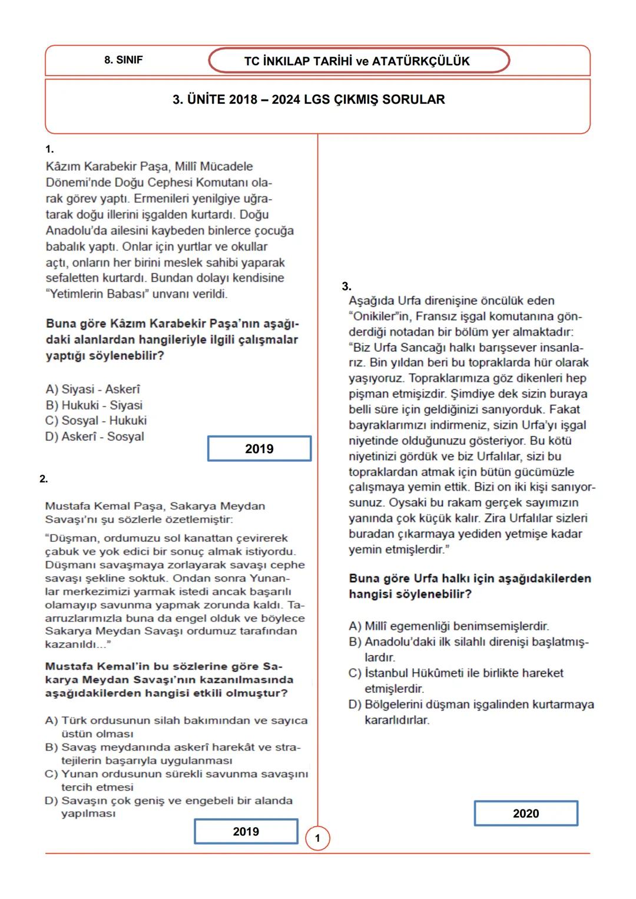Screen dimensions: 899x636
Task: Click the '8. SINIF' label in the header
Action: tap(123, 60)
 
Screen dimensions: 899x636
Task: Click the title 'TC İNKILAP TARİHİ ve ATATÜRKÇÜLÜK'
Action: tap(357, 61)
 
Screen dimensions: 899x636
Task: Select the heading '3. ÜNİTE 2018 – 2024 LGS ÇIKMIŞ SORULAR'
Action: tap(309, 100)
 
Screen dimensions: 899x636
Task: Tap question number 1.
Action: tap(49, 149)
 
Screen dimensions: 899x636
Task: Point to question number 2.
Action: tap(44, 479)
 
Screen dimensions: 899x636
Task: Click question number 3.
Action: tap(346, 286)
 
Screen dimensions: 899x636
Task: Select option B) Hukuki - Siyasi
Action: tap(94, 405)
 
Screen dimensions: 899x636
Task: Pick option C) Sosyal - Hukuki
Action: tap(96, 421)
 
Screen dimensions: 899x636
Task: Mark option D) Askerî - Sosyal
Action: tap(94, 437)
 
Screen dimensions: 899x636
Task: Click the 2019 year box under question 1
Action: tap(259, 449)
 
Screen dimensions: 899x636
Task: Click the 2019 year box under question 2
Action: tap(246, 831)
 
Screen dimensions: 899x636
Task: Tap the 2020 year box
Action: tap(525, 814)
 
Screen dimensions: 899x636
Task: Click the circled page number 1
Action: tap(317, 838)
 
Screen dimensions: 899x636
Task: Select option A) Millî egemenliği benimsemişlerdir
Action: tap(449, 626)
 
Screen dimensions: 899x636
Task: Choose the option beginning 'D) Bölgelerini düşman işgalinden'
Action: tap(471, 712)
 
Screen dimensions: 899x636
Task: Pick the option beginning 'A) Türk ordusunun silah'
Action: tap(176, 726)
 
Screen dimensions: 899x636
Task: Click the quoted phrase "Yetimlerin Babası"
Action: tap(97, 294)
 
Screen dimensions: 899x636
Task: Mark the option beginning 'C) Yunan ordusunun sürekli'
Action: tap(176, 780)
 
